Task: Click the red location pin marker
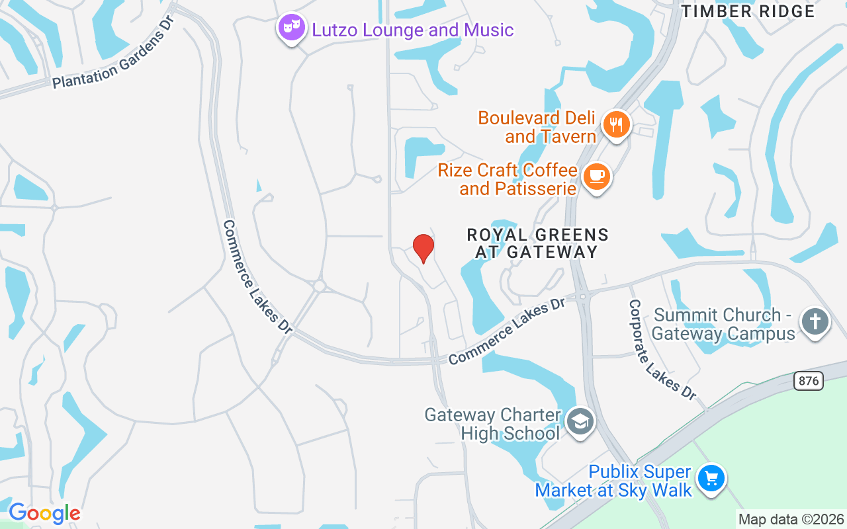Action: tap(423, 249)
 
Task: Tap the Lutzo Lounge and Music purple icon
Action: tap(291, 28)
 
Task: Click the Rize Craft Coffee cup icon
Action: tap(597, 177)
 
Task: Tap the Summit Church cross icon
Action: tap(815, 322)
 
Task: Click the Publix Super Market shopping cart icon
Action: tap(711, 478)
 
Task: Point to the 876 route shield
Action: tap(809, 380)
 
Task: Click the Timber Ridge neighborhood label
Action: tap(748, 11)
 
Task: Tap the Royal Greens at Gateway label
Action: tap(537, 243)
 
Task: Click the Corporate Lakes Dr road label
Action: tap(662, 349)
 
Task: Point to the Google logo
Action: tap(44, 513)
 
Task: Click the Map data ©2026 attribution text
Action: tap(791, 520)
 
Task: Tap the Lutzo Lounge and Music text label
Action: tap(413, 30)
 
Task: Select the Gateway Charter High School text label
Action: tap(492, 424)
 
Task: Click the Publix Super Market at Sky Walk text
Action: tap(613, 481)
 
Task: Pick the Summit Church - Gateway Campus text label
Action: tap(723, 324)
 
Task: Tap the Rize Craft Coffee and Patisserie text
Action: tap(508, 179)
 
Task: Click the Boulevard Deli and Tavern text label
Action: tap(537, 127)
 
